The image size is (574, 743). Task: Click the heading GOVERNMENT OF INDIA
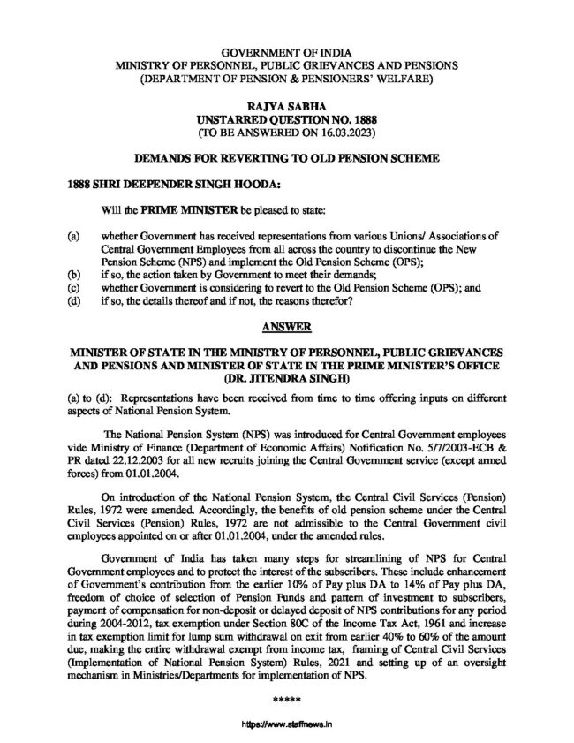(286, 55)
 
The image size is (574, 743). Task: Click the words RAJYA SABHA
(286, 105)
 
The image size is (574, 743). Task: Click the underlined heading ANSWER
(286, 327)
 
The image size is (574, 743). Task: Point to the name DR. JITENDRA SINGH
(286, 376)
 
